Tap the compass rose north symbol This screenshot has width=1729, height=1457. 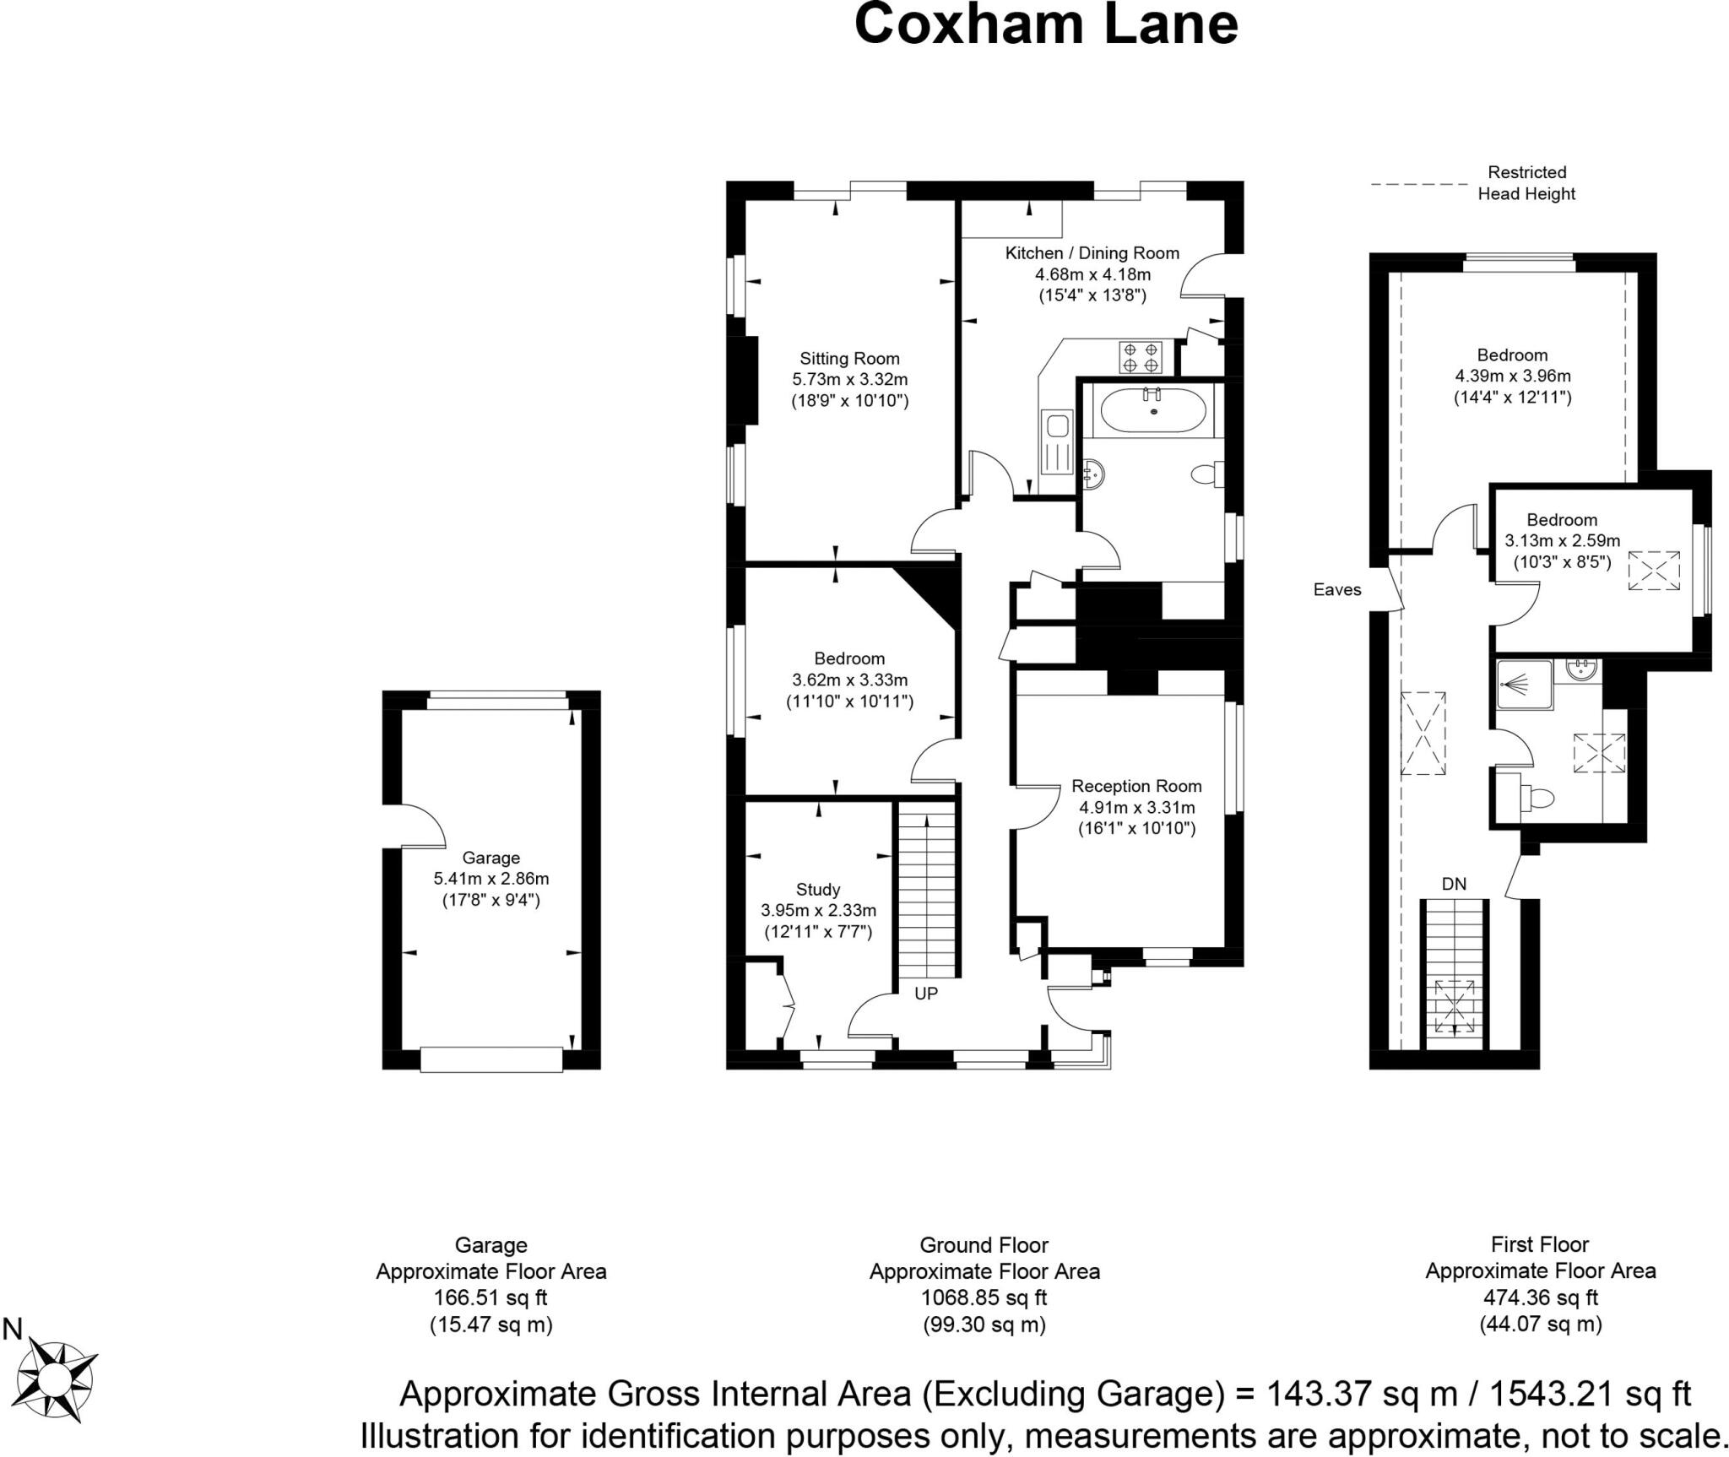(56, 1378)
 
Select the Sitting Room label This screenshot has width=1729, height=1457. (849, 359)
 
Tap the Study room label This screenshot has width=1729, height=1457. (817, 890)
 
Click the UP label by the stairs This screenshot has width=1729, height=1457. (925, 994)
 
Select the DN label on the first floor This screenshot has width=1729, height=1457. (1453, 885)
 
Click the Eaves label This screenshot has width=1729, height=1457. (1337, 590)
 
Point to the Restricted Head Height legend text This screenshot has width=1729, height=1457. (1526, 183)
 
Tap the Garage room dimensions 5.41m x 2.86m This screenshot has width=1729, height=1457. (491, 879)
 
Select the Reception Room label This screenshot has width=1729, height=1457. (1136, 787)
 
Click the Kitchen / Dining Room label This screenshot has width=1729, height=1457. (1092, 253)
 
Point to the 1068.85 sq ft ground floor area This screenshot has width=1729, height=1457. (984, 1297)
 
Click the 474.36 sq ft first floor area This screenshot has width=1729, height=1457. (1540, 1297)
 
